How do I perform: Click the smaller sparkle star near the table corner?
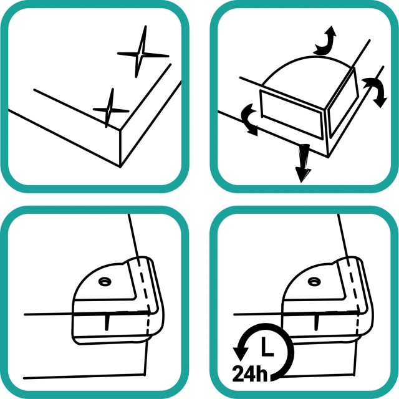click(x=110, y=110)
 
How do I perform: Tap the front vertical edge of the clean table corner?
click(x=120, y=148)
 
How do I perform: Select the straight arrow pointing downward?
click(x=302, y=163)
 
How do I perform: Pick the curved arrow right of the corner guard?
click(x=376, y=92)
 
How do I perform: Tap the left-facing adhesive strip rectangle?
click(x=291, y=115)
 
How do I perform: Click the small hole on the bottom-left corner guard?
click(x=105, y=282)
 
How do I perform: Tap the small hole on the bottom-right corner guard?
click(x=314, y=282)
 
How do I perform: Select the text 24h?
click(x=250, y=373)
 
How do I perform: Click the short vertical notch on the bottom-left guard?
click(x=107, y=323)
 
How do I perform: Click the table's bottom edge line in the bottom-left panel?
click(x=85, y=377)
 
